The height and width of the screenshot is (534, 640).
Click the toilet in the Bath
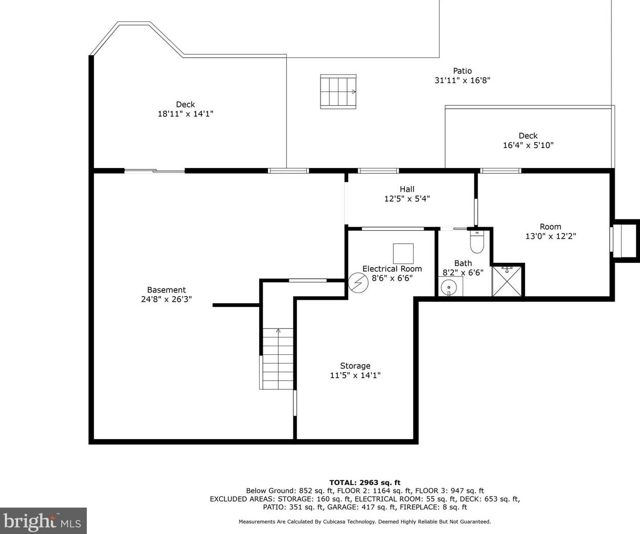click(x=476, y=242)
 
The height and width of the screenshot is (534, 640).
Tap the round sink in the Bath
click(x=449, y=288)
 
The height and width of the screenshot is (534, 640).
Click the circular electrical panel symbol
click(x=358, y=283)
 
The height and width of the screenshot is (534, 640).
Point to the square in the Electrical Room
click(x=403, y=254)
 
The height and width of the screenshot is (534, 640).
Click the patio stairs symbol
click(x=338, y=91)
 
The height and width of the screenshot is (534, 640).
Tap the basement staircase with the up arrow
click(x=278, y=358)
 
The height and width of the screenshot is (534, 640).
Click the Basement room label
click(x=167, y=289)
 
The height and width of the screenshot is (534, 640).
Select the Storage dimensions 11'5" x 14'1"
click(x=355, y=375)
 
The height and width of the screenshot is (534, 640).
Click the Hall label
click(x=407, y=189)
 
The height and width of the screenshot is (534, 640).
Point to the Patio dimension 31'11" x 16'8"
click(x=463, y=81)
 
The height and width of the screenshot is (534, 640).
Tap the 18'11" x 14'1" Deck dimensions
click(x=186, y=114)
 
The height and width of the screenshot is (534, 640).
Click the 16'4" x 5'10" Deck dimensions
click(x=528, y=145)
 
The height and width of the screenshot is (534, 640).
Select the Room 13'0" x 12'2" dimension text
click(x=551, y=236)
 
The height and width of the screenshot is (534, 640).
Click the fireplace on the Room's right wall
click(x=625, y=241)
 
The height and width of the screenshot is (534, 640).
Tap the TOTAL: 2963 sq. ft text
click(x=365, y=482)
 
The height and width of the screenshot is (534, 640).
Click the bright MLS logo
click(x=43, y=521)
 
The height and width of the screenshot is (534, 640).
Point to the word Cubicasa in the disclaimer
click(x=334, y=521)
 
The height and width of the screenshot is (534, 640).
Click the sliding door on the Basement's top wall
click(x=154, y=171)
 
